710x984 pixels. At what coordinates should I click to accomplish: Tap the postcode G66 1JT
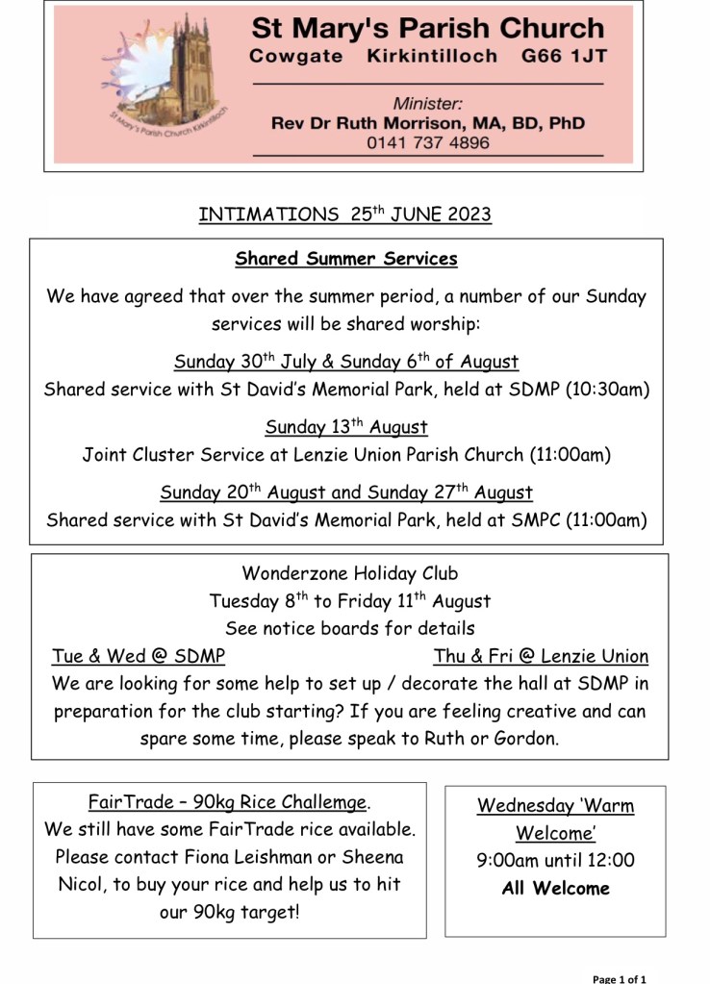tap(564, 56)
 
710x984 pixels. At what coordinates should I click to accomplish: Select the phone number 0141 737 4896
tap(428, 143)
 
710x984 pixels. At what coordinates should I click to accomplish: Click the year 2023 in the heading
tap(468, 214)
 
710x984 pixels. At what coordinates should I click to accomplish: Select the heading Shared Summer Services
tap(346, 259)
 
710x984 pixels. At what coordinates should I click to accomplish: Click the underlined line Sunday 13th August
tap(346, 426)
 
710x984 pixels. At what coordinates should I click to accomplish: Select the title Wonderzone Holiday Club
tap(349, 574)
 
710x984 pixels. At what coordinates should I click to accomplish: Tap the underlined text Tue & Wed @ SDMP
tap(139, 657)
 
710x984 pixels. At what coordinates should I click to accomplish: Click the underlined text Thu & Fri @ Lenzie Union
tap(541, 657)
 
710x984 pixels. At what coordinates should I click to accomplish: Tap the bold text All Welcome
tap(555, 888)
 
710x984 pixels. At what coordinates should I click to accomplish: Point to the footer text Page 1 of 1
tap(619, 978)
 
